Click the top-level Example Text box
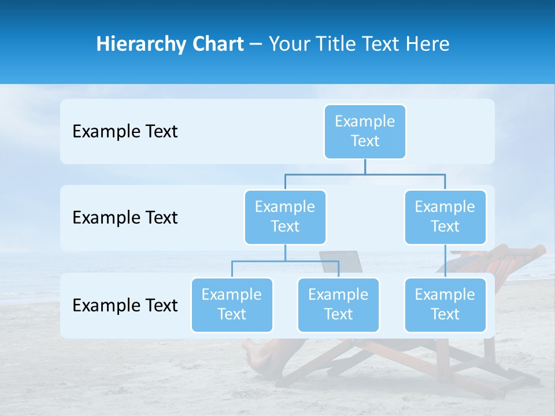pyautogui.click(x=365, y=131)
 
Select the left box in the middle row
pyautogui.click(x=285, y=217)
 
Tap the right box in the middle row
pyautogui.click(x=445, y=217)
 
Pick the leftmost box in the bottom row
pyautogui.click(x=232, y=304)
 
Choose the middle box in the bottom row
pyautogui.click(x=338, y=304)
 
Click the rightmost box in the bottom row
pyautogui.click(x=445, y=304)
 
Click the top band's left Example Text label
pyautogui.click(x=125, y=131)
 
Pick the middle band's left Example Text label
pyautogui.click(x=125, y=217)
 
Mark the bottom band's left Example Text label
pyautogui.click(x=125, y=305)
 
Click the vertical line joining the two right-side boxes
pyautogui.click(x=445, y=261)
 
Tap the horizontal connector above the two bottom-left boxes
pyautogui.click(x=285, y=261)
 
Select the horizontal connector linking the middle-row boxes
pyautogui.click(x=365, y=173)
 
